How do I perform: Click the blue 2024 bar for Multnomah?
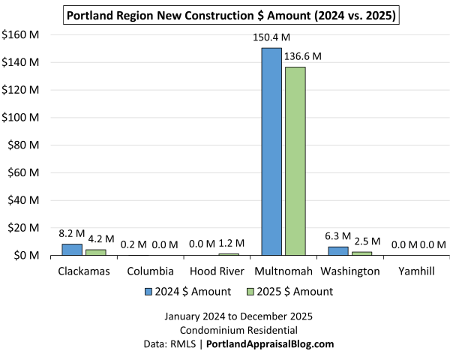click(x=271, y=151)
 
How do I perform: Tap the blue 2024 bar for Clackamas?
click(x=72, y=250)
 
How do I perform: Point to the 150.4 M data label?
click(x=271, y=37)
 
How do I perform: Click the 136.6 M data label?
click(x=303, y=56)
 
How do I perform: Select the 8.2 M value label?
click(x=72, y=234)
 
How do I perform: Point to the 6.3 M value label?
click(x=339, y=236)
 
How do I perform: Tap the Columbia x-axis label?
click(x=150, y=271)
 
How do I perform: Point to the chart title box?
click(x=231, y=14)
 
